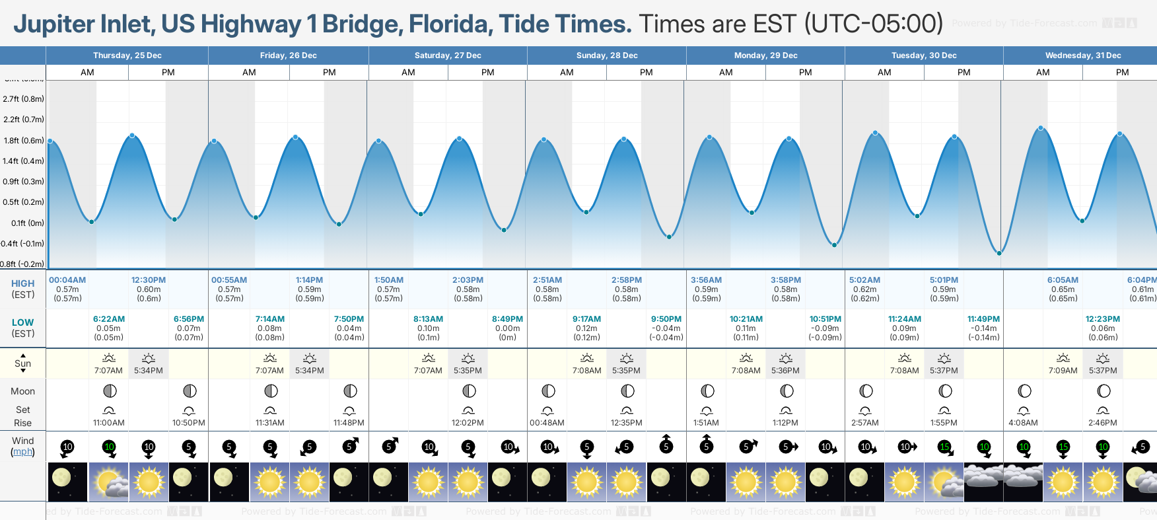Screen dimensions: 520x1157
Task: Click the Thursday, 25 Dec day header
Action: pos(127,56)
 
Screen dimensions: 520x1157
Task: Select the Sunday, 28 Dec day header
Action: pos(606,56)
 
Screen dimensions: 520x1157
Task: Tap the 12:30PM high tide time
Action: pos(149,280)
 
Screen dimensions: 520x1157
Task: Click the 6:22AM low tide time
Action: pos(109,319)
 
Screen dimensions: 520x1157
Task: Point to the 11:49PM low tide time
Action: pos(983,319)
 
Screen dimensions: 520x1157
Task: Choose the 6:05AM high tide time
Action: pos(1063,280)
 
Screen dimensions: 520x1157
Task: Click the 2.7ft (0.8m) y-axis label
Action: pos(23,99)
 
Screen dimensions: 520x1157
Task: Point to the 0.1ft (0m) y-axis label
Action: pos(23,223)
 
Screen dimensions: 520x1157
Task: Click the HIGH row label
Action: pos(22,283)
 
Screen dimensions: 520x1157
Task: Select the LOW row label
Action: pos(22,322)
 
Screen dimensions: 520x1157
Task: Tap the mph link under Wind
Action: pos(22,452)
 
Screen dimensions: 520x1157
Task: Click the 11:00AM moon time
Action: pos(109,423)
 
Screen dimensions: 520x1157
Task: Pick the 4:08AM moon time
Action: pos(1023,423)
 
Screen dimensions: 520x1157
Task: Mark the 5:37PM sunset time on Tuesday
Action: pos(944,371)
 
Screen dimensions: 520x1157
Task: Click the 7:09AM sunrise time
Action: pos(1063,371)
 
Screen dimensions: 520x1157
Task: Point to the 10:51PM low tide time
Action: pos(825,319)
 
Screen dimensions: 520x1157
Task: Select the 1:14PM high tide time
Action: pos(309,280)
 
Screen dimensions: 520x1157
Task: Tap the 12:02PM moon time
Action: pos(468,423)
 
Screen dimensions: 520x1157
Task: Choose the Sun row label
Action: pos(22,363)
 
